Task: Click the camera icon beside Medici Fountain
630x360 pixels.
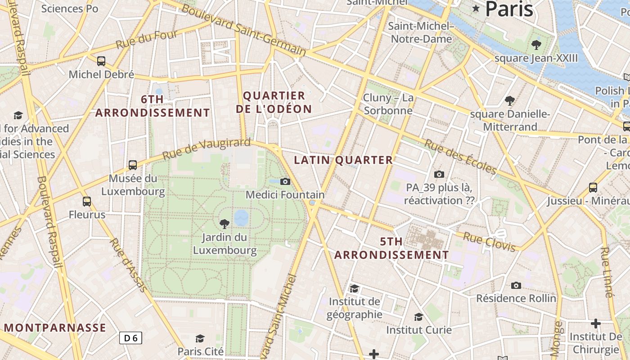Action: click(285, 181)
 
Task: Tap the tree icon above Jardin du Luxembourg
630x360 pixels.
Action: click(224, 224)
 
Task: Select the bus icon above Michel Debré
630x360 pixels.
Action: click(101, 61)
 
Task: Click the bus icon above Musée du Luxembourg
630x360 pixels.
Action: click(132, 165)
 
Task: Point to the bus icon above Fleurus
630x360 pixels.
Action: click(87, 201)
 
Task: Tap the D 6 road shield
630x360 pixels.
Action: click(131, 338)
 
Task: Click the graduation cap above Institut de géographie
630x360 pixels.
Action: click(355, 288)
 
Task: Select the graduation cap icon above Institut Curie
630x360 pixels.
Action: click(418, 317)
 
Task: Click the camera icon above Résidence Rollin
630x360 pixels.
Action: click(516, 285)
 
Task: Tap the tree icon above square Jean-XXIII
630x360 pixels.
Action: click(536, 45)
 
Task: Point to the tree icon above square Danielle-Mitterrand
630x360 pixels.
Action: click(509, 100)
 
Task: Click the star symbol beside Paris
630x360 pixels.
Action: click(476, 8)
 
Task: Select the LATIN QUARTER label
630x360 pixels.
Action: click(343, 160)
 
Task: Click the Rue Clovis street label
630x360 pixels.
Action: click(490, 242)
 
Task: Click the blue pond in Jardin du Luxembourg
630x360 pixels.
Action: click(241, 217)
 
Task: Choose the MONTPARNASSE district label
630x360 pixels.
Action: click(55, 328)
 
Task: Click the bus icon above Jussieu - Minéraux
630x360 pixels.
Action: click(593, 187)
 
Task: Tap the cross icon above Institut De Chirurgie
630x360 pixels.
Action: click(596, 323)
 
